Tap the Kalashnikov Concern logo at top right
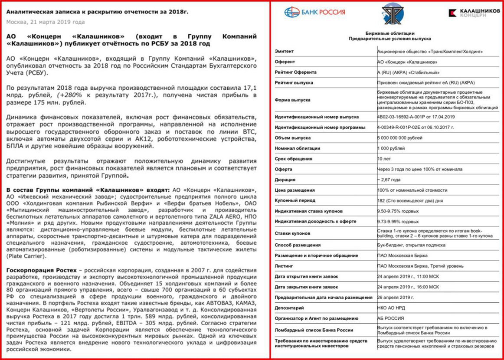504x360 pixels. [473, 13]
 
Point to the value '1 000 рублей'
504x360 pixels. [391, 148]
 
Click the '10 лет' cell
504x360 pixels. [384, 159]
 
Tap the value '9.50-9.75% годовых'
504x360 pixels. [398, 211]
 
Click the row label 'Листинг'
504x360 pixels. [284, 266]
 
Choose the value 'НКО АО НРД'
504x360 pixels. [391, 308]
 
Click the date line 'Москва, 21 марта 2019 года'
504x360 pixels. [46, 22]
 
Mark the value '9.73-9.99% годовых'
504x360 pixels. [398, 222]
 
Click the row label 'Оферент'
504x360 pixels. [285, 62]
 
